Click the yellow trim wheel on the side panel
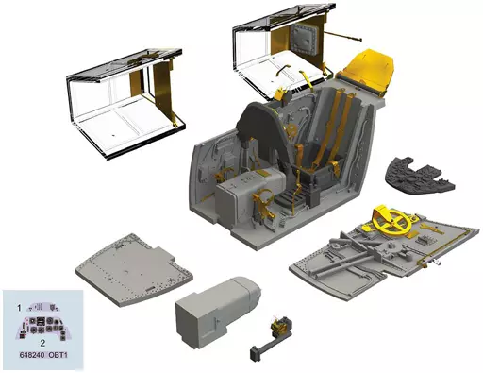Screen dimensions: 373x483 coord(391,223)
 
